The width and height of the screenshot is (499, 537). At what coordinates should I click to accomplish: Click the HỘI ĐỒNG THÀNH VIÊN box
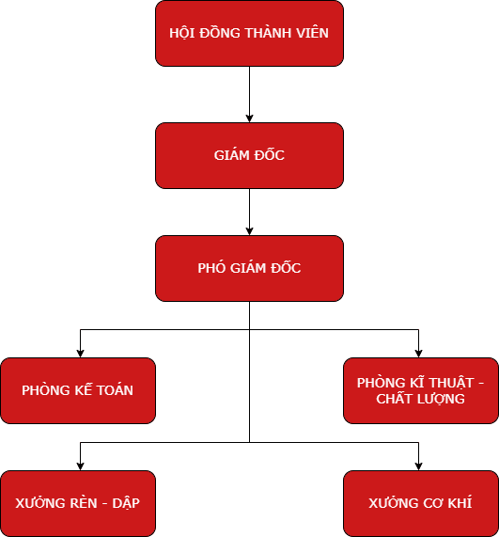249,33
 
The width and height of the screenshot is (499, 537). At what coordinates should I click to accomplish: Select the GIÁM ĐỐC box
249,155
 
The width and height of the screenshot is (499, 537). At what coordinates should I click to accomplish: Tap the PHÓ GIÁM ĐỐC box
249,268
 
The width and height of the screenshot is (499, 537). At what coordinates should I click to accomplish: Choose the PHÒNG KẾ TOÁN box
78,390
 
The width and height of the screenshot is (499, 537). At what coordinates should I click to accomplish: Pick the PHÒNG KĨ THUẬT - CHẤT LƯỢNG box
420,390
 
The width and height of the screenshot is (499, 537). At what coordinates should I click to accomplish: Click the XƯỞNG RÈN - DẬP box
78,503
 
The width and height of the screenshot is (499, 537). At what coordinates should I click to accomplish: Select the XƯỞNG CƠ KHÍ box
420,503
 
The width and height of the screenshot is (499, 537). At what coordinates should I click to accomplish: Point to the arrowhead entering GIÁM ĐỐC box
249,118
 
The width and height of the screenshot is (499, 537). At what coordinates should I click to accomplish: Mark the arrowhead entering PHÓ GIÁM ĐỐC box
249,230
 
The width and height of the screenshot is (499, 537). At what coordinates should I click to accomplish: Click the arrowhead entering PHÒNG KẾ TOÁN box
80,353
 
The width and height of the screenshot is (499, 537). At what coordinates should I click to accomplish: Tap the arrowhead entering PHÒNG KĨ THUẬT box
418,353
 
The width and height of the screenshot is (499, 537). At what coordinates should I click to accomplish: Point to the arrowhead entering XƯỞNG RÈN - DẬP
80,466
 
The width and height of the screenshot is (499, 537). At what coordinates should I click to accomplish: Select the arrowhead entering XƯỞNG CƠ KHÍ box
418,466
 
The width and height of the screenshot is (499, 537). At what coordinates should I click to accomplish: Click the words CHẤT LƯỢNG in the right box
420,399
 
